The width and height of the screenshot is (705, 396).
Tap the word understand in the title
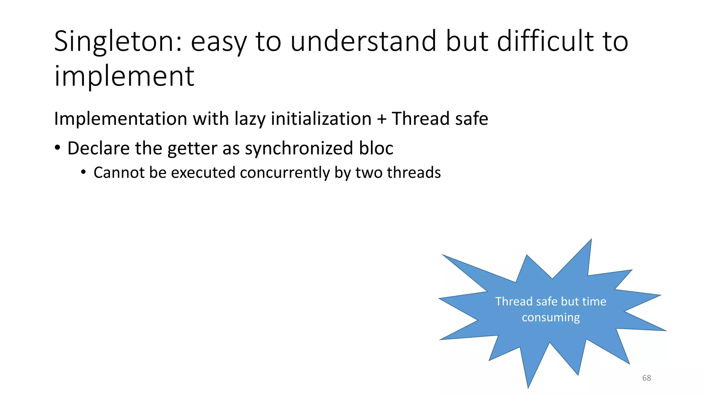pyautogui.click(x=364, y=41)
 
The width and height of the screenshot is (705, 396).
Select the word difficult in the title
pyautogui.click(x=545, y=41)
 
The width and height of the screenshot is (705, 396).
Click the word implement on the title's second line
pyautogui.click(x=124, y=76)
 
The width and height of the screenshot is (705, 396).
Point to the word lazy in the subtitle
pyautogui.click(x=250, y=119)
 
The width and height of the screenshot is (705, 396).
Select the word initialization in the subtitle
pyautogui.click(x=321, y=119)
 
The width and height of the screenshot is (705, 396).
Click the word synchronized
pyautogui.click(x=299, y=148)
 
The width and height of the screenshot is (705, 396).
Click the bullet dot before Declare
pyautogui.click(x=57, y=148)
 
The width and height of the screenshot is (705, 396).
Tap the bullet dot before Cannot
pyautogui.click(x=83, y=172)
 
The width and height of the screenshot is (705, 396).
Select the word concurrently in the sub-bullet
pyautogui.click(x=285, y=173)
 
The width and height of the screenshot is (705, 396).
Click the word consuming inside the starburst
pyautogui.click(x=551, y=318)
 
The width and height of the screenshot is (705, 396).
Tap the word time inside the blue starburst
pyautogui.click(x=594, y=301)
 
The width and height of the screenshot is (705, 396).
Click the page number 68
pyautogui.click(x=646, y=378)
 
